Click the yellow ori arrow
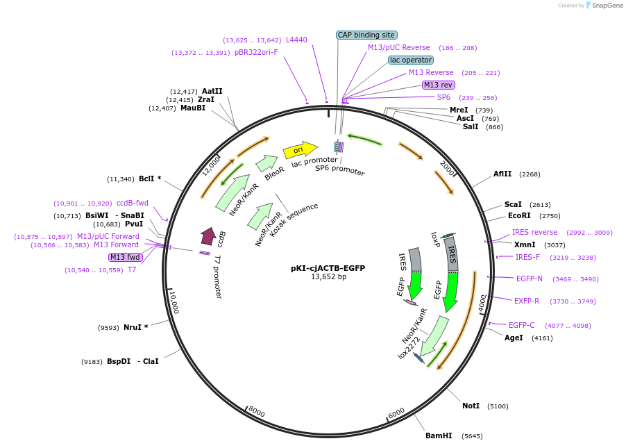(300, 150)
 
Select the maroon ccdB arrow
(208, 236)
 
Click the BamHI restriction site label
(439, 435)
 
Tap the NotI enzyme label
(471, 406)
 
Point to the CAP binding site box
(366, 35)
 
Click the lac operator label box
(411, 60)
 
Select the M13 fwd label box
(126, 257)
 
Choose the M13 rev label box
(439, 85)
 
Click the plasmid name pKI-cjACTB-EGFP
(328, 268)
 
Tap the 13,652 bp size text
(328, 276)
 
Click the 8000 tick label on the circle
(256, 411)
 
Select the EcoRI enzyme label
(519, 215)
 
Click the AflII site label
(502, 174)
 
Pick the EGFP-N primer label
(529, 279)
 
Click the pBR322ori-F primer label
(256, 52)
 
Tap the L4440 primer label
(296, 40)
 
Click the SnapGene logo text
(607, 5)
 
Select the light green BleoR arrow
(267, 163)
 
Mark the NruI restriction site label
(133, 327)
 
